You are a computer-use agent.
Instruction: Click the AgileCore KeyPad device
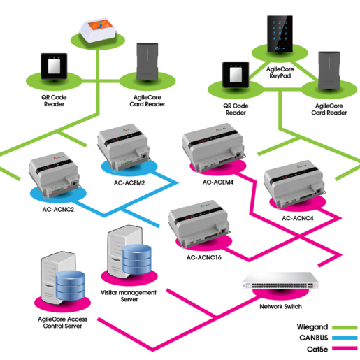pyautogui.click(x=280, y=34)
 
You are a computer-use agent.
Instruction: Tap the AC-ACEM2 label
pyautogui.click(x=129, y=183)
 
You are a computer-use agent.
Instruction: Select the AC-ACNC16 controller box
pyautogui.click(x=199, y=224)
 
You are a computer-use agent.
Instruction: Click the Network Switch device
pyautogui.click(x=280, y=280)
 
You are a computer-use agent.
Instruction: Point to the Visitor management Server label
pyautogui.click(x=129, y=296)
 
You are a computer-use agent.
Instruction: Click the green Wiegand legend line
pyautogui.click(x=345, y=327)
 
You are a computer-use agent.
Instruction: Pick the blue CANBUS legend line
pyautogui.click(x=345, y=338)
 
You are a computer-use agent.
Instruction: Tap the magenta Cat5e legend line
pyautogui.click(x=345, y=348)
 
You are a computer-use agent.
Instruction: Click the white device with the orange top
pyautogui.click(x=98, y=30)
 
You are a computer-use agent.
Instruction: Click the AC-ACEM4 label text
pyautogui.click(x=218, y=182)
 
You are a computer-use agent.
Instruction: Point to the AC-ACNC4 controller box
pyautogui.click(x=294, y=183)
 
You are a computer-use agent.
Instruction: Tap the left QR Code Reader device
pyautogui.click(x=54, y=66)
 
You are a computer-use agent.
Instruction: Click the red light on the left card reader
pyautogui.click(x=147, y=55)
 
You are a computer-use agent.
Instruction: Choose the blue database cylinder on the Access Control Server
pyautogui.click(x=70, y=286)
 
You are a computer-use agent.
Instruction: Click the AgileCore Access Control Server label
pyautogui.click(x=62, y=322)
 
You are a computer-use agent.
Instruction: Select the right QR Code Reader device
pyautogui.click(x=236, y=75)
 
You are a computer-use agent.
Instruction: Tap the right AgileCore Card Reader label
pyautogui.click(x=329, y=109)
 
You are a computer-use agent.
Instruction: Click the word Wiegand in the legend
pyautogui.click(x=312, y=327)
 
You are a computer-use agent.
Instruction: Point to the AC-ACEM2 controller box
pyautogui.click(x=124, y=147)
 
